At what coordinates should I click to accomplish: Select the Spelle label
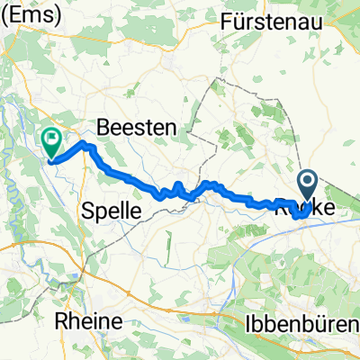pos(112,211)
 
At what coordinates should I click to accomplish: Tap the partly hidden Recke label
pos(303,206)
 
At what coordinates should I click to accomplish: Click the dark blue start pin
pos(307,188)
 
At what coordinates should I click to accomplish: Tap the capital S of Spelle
pos(88,211)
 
